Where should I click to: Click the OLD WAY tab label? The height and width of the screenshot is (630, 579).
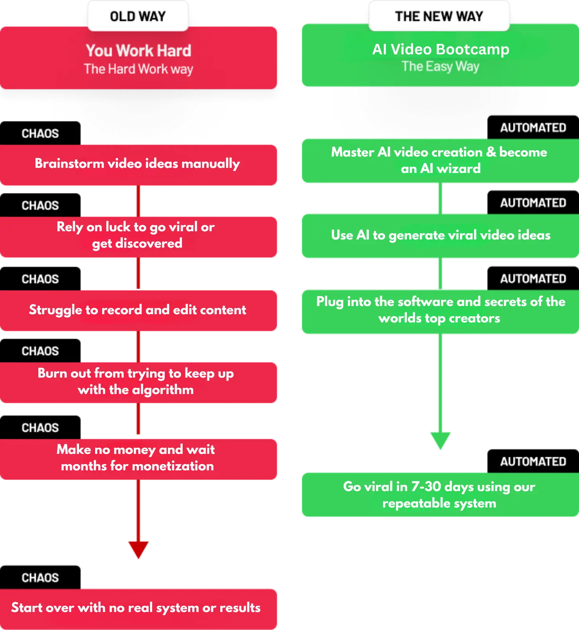coord(138,16)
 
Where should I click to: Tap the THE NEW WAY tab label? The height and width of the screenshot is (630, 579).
coord(439,16)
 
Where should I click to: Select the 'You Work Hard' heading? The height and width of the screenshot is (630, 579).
coord(138,50)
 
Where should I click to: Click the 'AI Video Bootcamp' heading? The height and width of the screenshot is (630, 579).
coord(441,49)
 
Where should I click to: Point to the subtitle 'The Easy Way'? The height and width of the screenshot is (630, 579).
coord(441,67)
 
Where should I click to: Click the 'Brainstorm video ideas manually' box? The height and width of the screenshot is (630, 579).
coord(138,165)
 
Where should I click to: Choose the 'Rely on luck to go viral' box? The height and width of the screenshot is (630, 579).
coord(138,237)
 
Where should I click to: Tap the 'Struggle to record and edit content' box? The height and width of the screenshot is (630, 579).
coord(138,310)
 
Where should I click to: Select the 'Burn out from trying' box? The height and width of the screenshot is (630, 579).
coord(138,382)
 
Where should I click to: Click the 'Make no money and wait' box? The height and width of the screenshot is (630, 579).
coord(138,459)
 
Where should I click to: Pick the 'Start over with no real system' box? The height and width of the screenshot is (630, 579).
coord(138,609)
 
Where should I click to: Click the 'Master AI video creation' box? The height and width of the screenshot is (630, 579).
coord(441,160)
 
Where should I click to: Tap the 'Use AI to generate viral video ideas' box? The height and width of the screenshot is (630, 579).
coord(441,236)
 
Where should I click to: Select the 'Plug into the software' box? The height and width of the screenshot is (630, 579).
coord(441,311)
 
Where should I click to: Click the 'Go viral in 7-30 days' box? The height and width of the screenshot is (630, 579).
coord(441,495)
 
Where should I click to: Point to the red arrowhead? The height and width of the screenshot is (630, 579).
coord(138,549)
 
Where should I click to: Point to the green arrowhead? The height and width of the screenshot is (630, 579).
coord(441,440)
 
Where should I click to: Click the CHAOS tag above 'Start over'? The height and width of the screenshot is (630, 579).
coord(40,578)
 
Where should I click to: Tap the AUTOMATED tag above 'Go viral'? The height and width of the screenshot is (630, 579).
coord(533,461)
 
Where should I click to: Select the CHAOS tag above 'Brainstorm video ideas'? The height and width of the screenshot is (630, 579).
coord(40,133)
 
